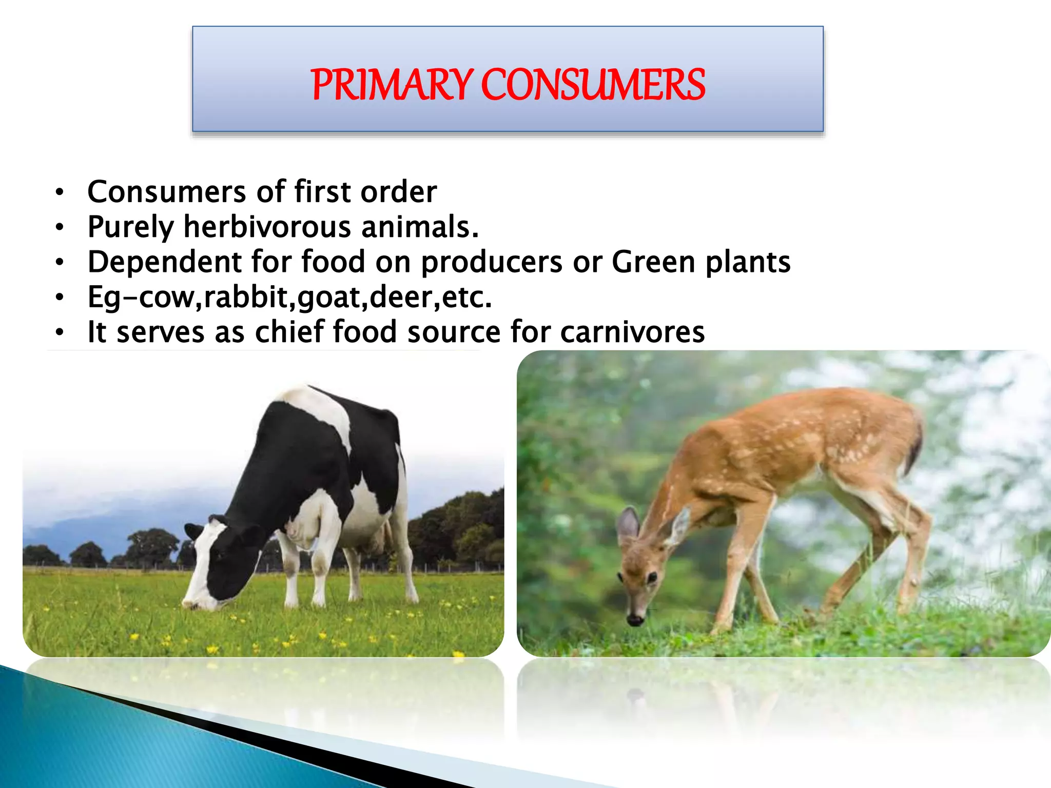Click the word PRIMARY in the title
391,85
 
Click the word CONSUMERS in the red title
593,85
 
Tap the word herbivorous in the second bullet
267,227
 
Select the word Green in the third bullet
653,262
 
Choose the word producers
492,262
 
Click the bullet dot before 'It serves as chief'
60,332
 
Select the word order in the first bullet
399,192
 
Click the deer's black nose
635,620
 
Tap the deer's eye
652,578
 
